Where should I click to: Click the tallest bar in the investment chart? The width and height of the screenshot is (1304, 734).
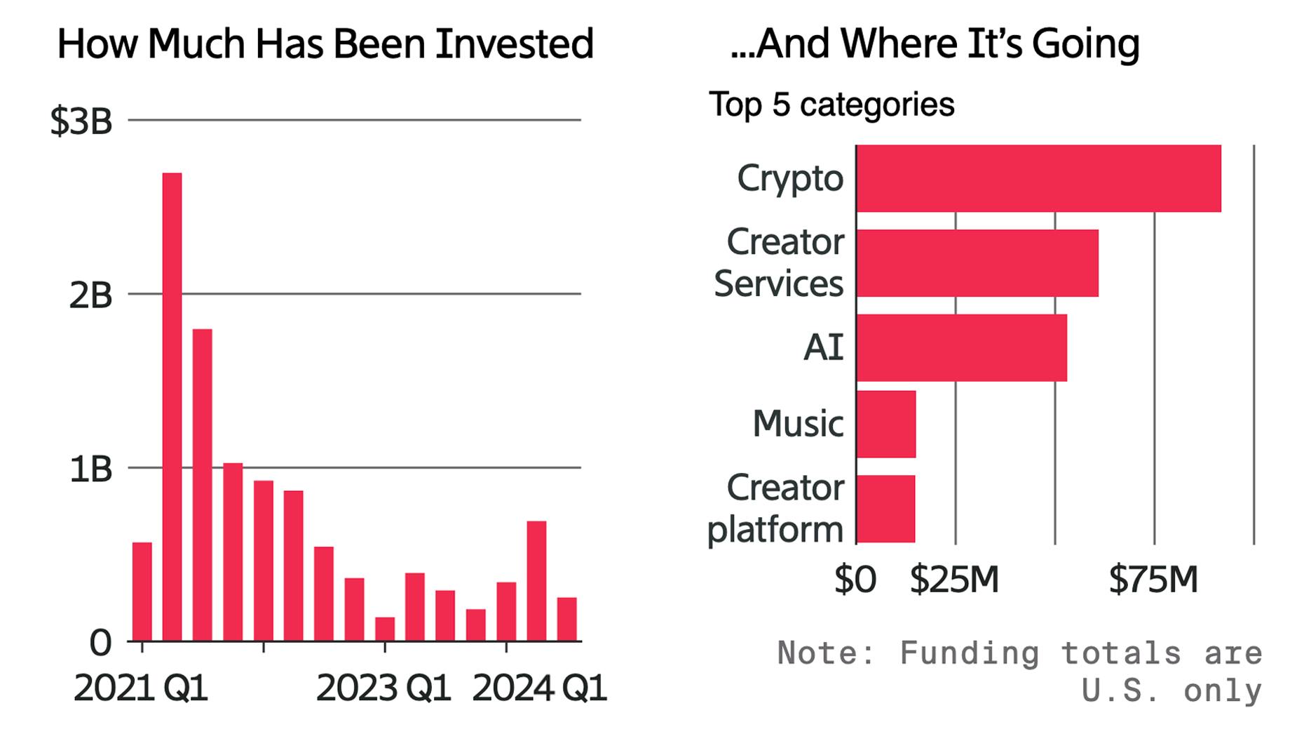(172, 407)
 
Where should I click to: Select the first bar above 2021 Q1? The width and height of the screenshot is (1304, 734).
(142, 591)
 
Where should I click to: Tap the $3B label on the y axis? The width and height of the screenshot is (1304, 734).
(81, 121)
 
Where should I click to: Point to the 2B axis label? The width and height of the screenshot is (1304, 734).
(90, 295)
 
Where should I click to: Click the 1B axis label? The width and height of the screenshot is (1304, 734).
(90, 469)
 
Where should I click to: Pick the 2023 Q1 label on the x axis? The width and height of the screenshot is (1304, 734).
(383, 688)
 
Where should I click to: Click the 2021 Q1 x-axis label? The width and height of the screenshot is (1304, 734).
(141, 688)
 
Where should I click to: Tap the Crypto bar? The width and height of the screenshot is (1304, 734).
(1038, 178)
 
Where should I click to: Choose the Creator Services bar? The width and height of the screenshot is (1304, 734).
(977, 263)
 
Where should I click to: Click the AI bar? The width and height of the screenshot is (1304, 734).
(961, 347)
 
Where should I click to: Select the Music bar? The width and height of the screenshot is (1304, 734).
(886, 424)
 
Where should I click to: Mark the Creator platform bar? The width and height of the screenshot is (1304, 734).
(885, 509)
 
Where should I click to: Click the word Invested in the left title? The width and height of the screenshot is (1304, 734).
(514, 44)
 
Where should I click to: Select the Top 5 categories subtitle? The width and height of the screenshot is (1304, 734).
(831, 105)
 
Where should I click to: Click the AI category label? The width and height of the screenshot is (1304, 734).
(823, 347)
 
